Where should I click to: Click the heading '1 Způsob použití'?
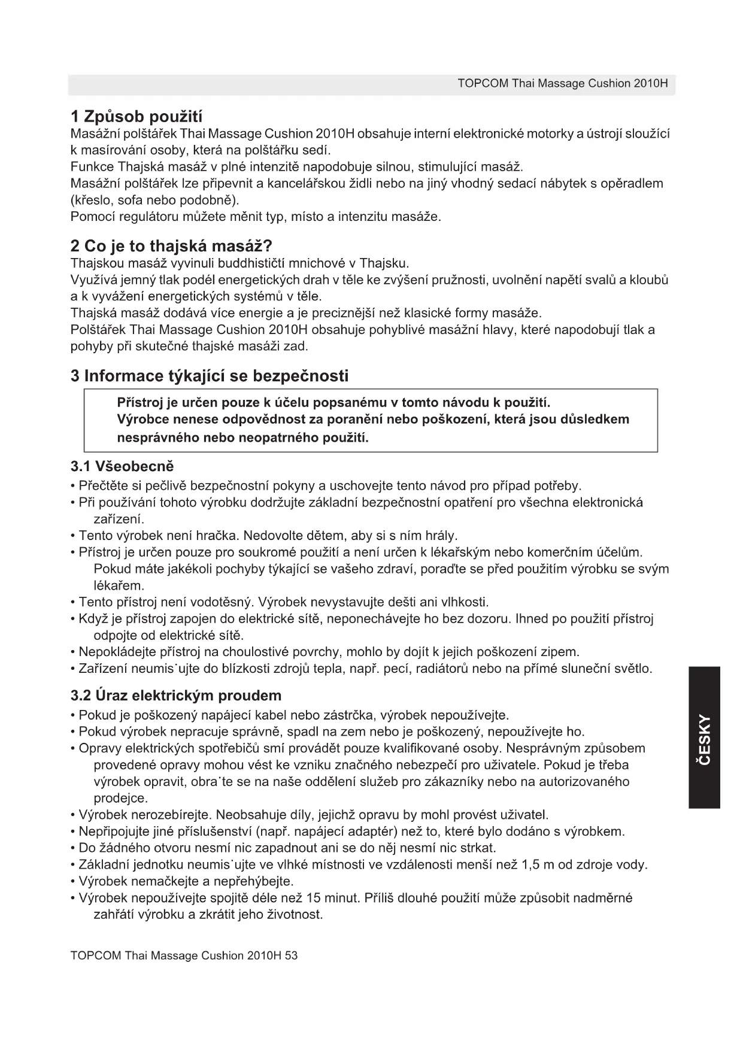point(141,115)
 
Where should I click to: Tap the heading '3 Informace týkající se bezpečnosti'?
point(210,376)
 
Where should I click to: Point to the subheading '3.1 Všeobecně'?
point(122,466)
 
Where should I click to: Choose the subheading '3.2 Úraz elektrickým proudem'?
point(176,696)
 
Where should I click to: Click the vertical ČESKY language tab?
point(704,738)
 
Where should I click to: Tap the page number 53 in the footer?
point(291,955)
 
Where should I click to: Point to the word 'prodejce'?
point(120,798)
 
